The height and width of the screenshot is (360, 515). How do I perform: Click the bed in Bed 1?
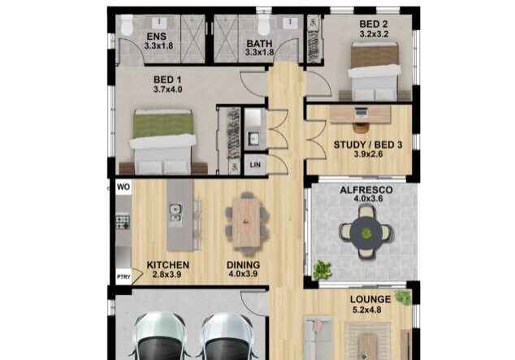point(163,141)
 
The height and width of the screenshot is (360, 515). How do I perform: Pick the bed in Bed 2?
point(374,68)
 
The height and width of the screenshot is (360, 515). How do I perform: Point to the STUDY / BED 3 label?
point(368,145)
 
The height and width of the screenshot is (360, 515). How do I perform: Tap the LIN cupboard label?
point(255,164)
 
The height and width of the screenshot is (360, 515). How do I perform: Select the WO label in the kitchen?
point(123,186)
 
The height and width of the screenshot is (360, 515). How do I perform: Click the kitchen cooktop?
point(123,221)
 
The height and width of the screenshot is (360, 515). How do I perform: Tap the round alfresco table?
point(366,232)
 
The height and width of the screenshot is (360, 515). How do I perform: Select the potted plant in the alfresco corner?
point(323,269)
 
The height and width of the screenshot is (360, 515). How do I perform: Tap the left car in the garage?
point(159,337)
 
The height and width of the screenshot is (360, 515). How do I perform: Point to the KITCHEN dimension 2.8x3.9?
point(168,275)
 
